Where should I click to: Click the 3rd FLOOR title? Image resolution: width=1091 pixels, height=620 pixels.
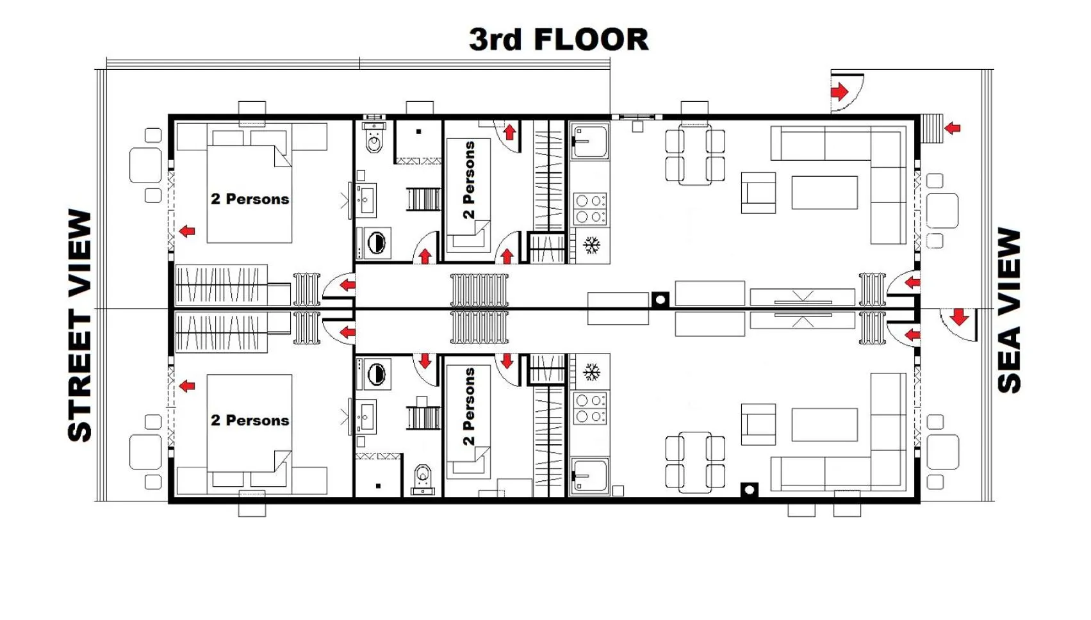click(558, 40)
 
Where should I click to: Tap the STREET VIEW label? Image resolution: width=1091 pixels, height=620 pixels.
click(80, 325)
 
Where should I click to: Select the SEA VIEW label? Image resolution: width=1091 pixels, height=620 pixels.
click(1009, 310)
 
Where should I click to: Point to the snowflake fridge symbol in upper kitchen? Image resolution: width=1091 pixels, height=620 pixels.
click(591, 245)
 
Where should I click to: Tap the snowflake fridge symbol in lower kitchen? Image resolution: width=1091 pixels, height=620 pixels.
click(591, 372)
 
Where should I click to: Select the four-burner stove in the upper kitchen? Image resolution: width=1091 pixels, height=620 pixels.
click(590, 209)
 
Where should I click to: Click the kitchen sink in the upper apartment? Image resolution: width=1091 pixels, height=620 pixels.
click(590, 142)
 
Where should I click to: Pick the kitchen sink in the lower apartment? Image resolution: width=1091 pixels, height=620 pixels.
click(590, 475)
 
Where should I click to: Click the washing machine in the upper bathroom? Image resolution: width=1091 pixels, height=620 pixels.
click(376, 243)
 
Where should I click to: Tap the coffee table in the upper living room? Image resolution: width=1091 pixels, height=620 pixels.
click(824, 193)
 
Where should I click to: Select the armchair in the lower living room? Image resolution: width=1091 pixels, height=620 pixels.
click(759, 424)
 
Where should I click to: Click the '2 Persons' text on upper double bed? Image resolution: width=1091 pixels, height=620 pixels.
click(250, 199)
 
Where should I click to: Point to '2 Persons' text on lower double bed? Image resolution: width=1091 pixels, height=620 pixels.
click(250, 420)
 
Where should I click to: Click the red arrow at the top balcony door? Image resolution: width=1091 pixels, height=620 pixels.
click(839, 92)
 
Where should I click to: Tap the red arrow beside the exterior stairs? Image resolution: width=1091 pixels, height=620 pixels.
click(953, 128)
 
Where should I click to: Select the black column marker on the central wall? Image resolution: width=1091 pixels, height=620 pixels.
click(660, 299)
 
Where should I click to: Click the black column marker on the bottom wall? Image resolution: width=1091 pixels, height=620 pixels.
click(749, 490)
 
